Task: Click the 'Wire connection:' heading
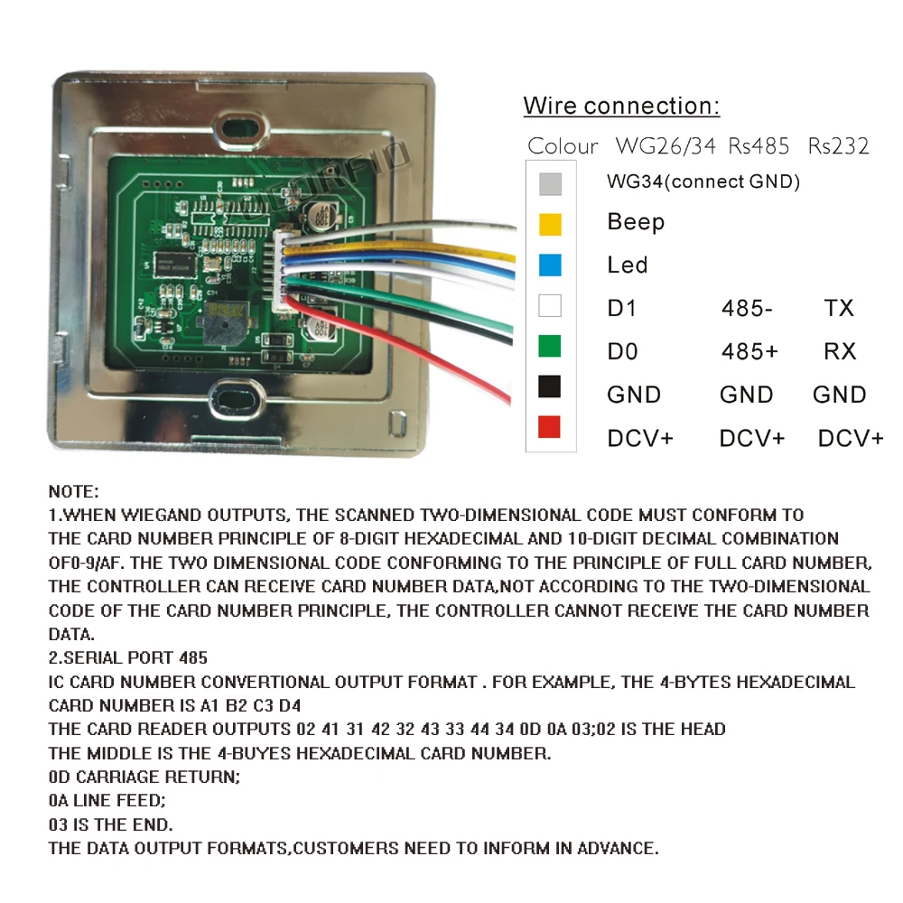621,106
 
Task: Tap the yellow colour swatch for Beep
549,223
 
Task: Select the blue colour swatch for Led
549,265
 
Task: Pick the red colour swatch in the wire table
549,427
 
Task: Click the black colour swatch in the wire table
549,386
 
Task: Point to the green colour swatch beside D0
549,346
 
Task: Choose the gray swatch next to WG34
549,183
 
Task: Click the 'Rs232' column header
838,146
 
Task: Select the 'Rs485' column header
759,146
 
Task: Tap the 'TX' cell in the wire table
839,308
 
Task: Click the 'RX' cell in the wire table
840,351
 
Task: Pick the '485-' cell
747,308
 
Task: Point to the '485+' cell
749,351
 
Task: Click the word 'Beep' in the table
636,222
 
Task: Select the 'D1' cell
622,308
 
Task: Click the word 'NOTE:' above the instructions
73,492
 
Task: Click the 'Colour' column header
563,146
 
